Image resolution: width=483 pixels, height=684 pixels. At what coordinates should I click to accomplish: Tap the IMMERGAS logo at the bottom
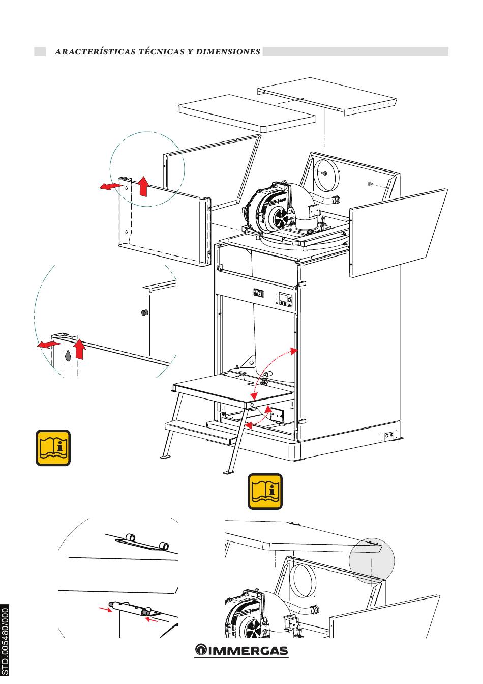[242, 650]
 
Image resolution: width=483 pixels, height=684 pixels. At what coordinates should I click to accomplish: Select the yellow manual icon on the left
[53, 448]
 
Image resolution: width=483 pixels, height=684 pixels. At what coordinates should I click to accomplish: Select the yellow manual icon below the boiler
[265, 492]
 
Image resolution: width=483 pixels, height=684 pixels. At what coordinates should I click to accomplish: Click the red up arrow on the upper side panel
[143, 186]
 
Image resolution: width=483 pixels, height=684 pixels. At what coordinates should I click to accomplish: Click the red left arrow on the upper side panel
[109, 187]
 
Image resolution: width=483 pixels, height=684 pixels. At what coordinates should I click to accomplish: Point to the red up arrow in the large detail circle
[79, 350]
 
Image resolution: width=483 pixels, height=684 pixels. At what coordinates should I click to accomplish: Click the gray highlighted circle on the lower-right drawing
[372, 560]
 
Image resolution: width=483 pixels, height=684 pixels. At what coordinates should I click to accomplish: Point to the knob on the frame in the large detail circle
[144, 312]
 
